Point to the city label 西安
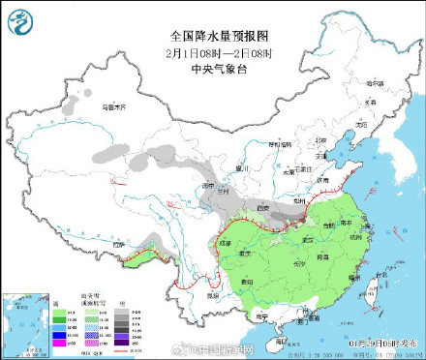point(261,208)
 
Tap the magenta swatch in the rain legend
point(61,342)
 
